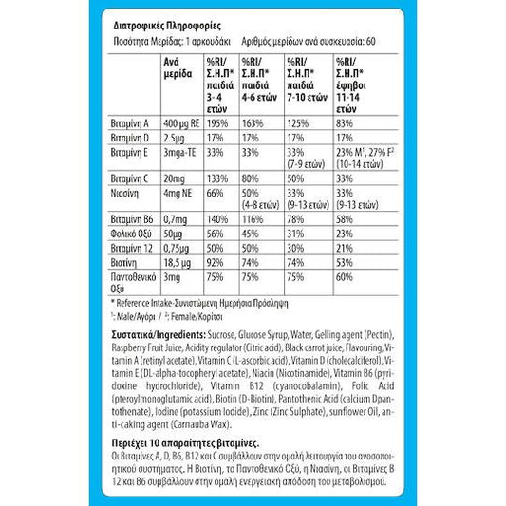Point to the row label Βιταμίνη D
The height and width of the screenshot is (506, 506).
click(131, 139)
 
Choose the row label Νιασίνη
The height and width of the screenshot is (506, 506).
click(126, 193)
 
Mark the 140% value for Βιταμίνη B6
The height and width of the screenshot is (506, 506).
click(216, 218)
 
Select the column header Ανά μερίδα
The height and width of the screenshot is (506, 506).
click(178, 69)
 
